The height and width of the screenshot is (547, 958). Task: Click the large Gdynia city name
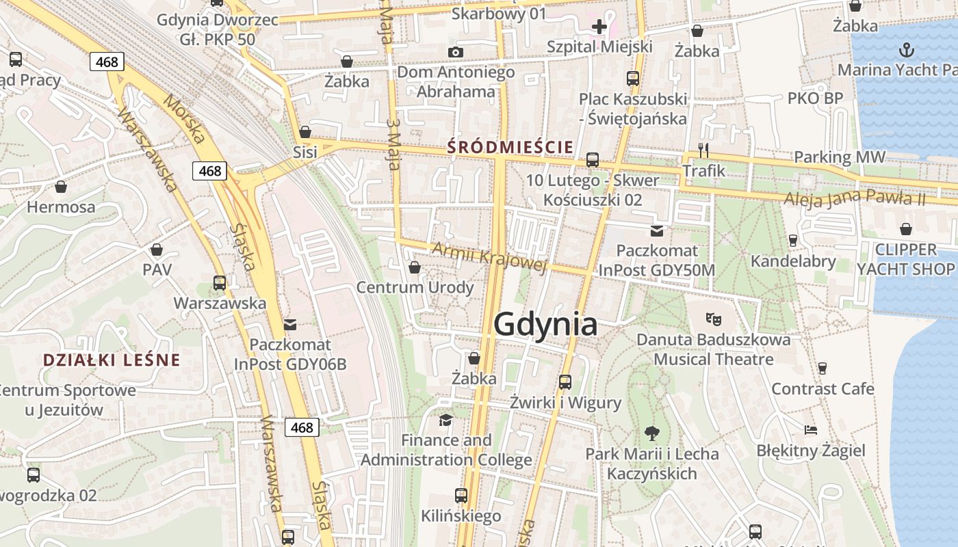tap(545, 324)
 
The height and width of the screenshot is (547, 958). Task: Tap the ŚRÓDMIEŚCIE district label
tap(510, 146)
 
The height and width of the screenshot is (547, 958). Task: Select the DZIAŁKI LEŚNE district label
tap(112, 360)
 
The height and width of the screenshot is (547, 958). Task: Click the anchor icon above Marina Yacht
tap(907, 50)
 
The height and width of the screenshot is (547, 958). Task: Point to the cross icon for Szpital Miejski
tap(599, 27)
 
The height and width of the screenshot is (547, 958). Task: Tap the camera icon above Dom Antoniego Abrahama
tap(455, 52)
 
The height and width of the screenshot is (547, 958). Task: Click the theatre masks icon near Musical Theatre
tap(714, 319)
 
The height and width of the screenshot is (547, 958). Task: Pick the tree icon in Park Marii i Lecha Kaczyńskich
tap(651, 432)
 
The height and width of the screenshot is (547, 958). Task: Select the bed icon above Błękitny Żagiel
tap(811, 430)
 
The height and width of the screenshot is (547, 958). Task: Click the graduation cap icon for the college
tap(446, 419)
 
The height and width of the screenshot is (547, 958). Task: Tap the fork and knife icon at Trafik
tap(703, 150)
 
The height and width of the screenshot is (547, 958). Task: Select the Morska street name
tap(185, 120)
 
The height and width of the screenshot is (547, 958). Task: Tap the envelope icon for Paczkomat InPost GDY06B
tap(290, 324)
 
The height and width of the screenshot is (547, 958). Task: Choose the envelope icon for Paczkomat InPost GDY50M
tap(657, 230)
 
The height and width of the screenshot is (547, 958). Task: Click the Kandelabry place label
tap(793, 261)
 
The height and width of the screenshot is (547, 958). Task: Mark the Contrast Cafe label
tap(823, 389)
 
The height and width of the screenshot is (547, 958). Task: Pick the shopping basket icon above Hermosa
tap(61, 187)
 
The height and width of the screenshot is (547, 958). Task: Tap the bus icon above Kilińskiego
tap(461, 495)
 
